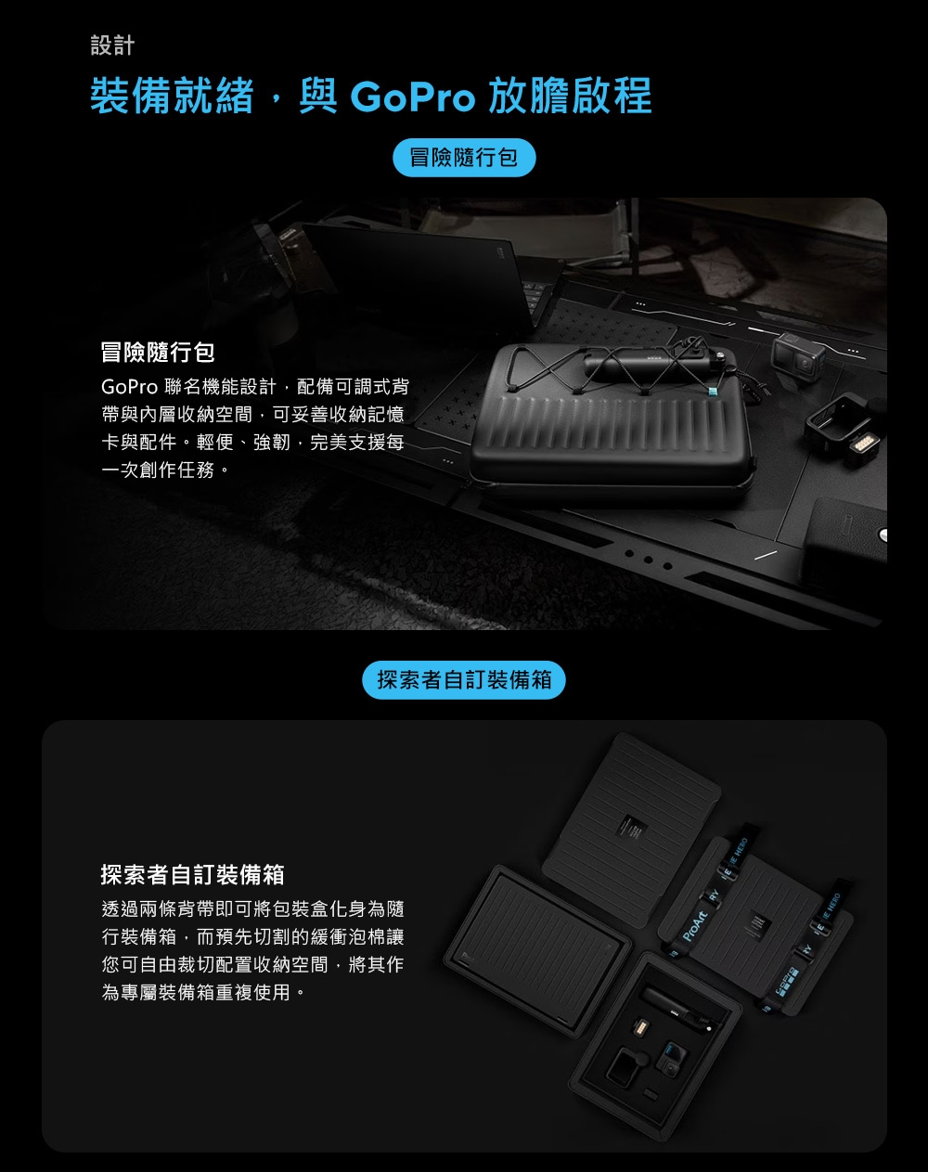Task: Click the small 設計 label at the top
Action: point(112,45)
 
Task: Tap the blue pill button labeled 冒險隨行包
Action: point(464,158)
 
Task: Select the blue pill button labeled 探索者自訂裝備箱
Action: point(464,679)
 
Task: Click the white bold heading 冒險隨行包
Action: point(158,353)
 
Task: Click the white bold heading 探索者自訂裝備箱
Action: point(192,874)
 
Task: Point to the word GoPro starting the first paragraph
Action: point(130,387)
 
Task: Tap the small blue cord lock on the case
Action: point(710,392)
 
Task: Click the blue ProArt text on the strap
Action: point(694,927)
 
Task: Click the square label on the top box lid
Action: point(632,827)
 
